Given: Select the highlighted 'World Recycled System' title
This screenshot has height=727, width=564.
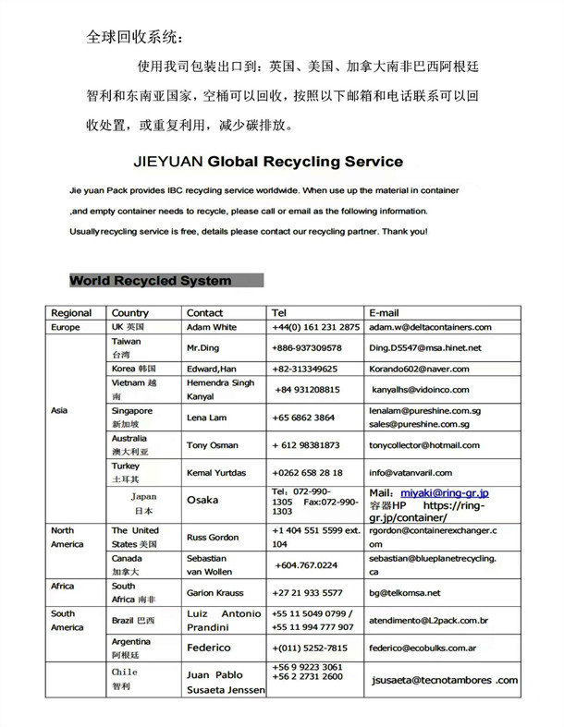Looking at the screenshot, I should click(x=151, y=280).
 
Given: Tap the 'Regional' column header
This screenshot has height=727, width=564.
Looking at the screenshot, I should click(x=71, y=312).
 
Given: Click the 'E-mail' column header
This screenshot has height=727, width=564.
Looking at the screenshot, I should click(x=387, y=312).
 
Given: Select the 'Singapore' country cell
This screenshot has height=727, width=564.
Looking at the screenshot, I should click(x=132, y=410).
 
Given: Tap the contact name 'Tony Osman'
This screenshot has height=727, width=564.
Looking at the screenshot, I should click(x=212, y=444).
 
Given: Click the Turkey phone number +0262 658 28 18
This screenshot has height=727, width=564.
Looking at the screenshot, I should click(x=307, y=472).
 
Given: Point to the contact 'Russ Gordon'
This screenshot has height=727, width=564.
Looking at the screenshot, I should click(x=212, y=537).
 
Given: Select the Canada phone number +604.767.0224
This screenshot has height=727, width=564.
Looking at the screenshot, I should click(x=306, y=564).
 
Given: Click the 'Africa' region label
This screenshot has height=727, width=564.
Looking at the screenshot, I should click(x=63, y=586).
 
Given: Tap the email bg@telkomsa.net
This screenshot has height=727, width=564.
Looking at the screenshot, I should click(x=405, y=592).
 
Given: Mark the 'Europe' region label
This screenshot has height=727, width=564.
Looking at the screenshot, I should click(x=66, y=327).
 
